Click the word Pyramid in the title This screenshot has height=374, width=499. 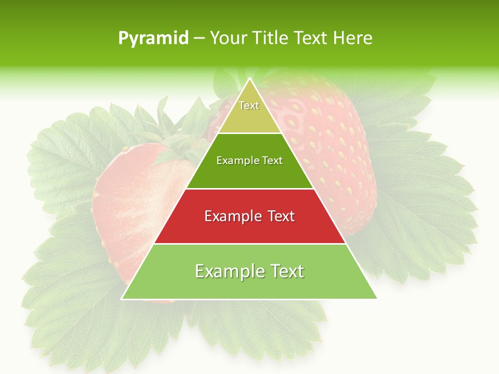click(x=153, y=38)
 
